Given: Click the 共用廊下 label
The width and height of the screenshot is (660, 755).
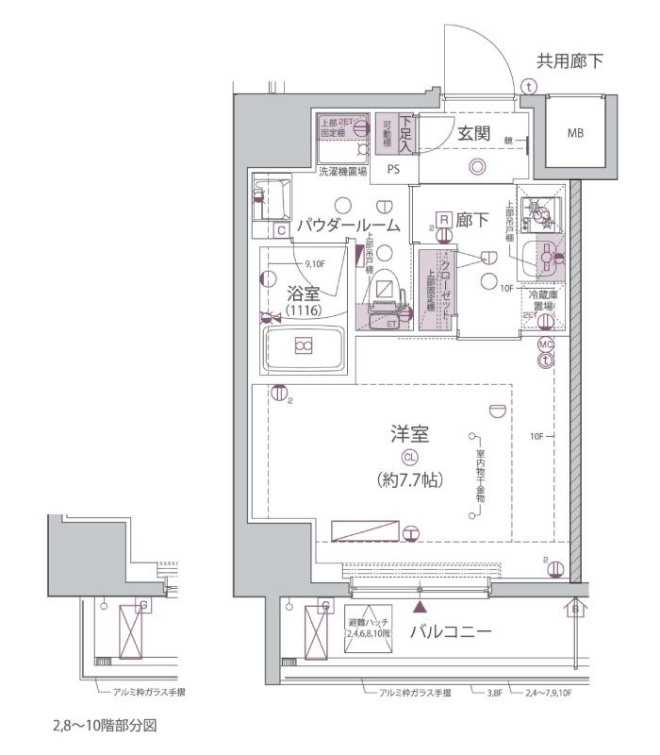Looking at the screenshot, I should [569, 62].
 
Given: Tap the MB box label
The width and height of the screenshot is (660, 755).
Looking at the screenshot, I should [574, 133].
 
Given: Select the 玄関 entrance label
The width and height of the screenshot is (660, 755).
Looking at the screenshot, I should [473, 133].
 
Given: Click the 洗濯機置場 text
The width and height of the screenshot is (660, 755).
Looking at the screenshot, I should [341, 172].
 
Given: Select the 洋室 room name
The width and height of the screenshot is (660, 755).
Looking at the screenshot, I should [410, 435].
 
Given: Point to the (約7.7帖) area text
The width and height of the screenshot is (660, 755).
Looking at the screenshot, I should [410, 478].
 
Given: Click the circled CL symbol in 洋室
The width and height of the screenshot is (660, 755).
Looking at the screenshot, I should [410, 457].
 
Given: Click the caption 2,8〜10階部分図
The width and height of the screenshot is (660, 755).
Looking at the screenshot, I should [104, 728].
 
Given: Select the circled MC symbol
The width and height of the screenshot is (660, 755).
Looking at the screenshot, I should [546, 344].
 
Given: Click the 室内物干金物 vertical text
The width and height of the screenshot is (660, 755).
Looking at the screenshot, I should [480, 476].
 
